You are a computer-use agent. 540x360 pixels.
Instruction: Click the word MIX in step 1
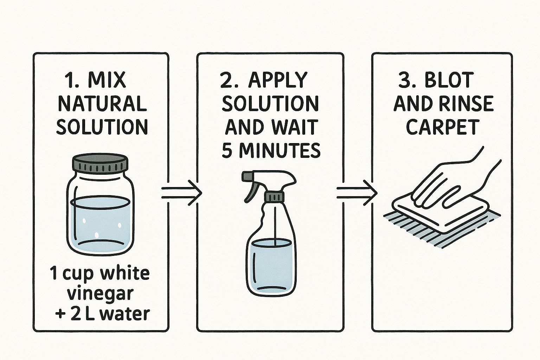tap(107, 79)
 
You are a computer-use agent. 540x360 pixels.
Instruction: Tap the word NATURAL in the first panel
tap(102, 103)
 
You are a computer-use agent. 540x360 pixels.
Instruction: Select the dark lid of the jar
tap(100, 163)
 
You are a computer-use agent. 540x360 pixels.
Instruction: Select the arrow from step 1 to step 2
tap(181, 193)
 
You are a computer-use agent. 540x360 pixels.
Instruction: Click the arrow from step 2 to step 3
tap(357, 193)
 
